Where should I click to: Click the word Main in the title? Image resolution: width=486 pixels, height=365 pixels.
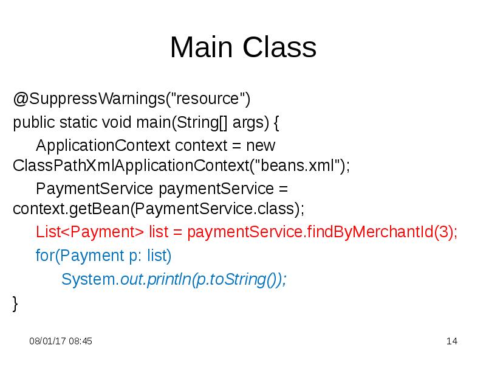(x=202, y=47)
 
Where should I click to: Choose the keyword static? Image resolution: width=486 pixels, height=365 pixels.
(x=78, y=122)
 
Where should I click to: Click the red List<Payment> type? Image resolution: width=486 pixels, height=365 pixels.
(x=90, y=233)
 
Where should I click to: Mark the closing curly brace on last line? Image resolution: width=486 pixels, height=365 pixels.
(x=16, y=302)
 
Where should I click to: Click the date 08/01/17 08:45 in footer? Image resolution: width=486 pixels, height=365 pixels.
(x=61, y=341)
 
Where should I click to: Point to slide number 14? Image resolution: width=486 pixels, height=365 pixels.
(x=451, y=341)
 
